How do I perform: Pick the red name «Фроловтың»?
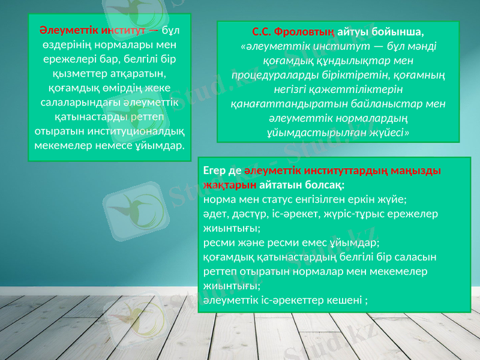tap(302, 31)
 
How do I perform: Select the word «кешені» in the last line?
tap(344, 299)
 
